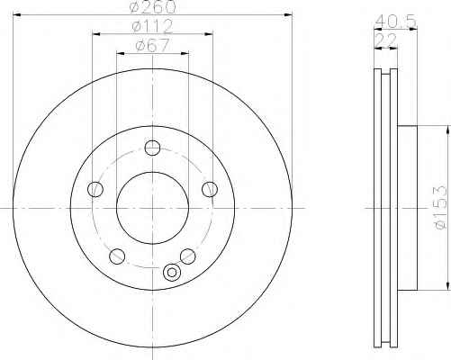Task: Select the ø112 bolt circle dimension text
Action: click(x=152, y=26)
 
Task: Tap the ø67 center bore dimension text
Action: click(x=152, y=46)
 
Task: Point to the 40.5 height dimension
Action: click(x=396, y=21)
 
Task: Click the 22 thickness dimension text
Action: click(x=385, y=40)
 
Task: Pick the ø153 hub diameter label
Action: click(x=439, y=208)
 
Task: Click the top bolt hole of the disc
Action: click(x=152, y=148)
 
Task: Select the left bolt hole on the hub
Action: click(x=95, y=189)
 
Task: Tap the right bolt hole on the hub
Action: click(x=210, y=189)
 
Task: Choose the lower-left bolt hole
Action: click(x=117, y=256)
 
